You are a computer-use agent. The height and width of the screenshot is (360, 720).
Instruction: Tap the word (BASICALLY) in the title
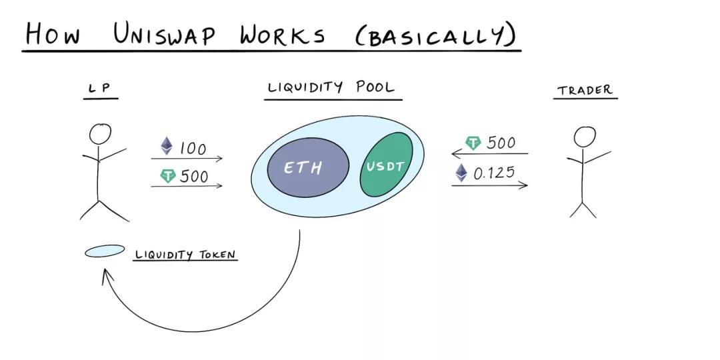437,35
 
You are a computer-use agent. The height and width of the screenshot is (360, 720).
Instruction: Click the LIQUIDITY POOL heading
331,87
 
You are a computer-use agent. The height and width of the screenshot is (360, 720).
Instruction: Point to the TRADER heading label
585,90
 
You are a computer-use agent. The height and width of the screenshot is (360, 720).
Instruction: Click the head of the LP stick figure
101,134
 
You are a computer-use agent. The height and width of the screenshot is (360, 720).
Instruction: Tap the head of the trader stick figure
585,137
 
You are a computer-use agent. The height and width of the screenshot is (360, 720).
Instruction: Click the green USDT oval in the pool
387,165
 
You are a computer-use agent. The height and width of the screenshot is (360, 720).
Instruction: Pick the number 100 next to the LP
193,148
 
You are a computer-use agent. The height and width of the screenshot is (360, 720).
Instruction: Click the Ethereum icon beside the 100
166,146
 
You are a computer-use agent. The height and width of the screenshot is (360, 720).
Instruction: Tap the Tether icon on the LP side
167,176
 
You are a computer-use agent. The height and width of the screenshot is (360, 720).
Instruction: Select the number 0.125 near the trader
494,173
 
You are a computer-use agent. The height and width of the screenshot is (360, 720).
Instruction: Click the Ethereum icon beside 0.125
461,173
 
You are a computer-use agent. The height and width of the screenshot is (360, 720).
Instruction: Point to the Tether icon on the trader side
473,143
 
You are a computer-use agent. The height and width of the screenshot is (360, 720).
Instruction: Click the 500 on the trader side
501,143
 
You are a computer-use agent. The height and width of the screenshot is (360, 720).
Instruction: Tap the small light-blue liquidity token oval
105,251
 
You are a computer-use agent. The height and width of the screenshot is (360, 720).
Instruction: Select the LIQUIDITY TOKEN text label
185,255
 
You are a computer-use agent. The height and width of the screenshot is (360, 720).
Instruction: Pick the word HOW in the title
53,33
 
